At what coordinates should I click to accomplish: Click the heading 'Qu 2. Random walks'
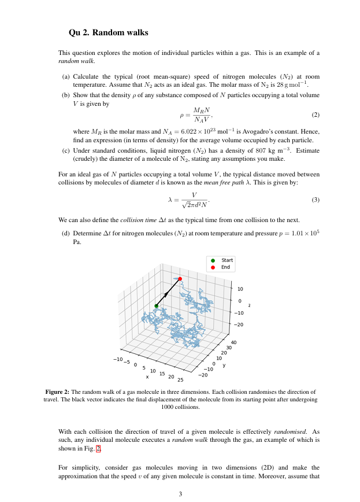(108, 32)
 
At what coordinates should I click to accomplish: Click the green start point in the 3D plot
(156, 306)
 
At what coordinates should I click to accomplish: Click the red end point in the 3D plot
(180, 279)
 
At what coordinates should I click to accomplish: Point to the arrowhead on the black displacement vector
(166, 294)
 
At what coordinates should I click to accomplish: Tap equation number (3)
(315, 200)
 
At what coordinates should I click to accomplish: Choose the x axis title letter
(147, 376)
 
